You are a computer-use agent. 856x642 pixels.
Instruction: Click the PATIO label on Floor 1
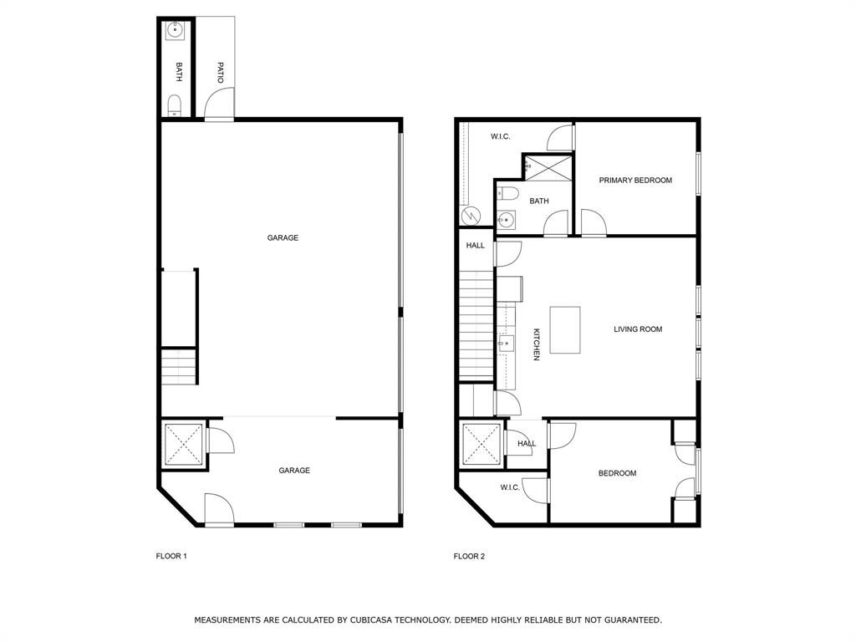click(x=221, y=72)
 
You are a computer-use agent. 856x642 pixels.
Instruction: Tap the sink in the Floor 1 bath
click(x=176, y=31)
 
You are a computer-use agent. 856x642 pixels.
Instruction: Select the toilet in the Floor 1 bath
click(x=175, y=105)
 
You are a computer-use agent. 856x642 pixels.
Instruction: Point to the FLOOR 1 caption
click(x=171, y=556)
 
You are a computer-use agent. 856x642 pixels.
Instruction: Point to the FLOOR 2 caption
click(x=469, y=556)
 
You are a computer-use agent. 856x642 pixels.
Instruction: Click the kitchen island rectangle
click(x=565, y=329)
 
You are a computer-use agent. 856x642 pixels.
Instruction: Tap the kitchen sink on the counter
click(x=504, y=343)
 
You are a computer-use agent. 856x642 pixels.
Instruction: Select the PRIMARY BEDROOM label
click(x=635, y=181)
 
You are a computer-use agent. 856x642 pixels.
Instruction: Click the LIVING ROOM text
click(x=638, y=329)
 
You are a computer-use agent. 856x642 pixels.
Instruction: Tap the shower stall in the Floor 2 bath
click(x=548, y=167)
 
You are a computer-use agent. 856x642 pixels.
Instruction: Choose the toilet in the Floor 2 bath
click(x=508, y=194)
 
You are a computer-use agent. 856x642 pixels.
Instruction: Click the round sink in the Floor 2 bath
click(x=506, y=221)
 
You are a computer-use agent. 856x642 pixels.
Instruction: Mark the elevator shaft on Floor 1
click(x=183, y=444)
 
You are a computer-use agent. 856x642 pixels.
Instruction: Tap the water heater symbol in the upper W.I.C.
click(x=471, y=216)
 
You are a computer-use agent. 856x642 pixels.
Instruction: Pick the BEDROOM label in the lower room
click(x=617, y=473)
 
